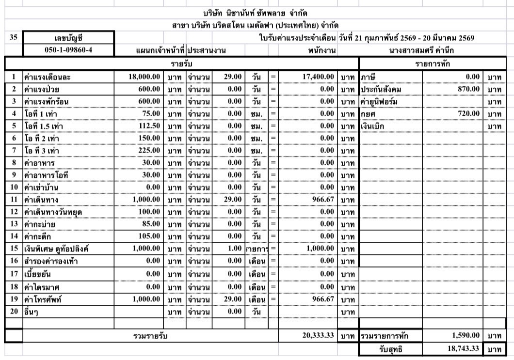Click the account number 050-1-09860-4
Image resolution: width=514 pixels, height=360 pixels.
(68, 49)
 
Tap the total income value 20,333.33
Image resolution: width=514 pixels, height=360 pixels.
(314, 335)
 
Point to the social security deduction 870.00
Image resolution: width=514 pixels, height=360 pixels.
(469, 90)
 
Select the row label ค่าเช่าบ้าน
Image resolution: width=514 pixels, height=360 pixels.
(43, 188)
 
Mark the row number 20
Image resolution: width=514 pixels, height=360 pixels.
(15, 311)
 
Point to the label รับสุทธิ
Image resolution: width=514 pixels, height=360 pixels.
(390, 348)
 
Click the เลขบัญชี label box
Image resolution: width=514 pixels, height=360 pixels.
(68, 37)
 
